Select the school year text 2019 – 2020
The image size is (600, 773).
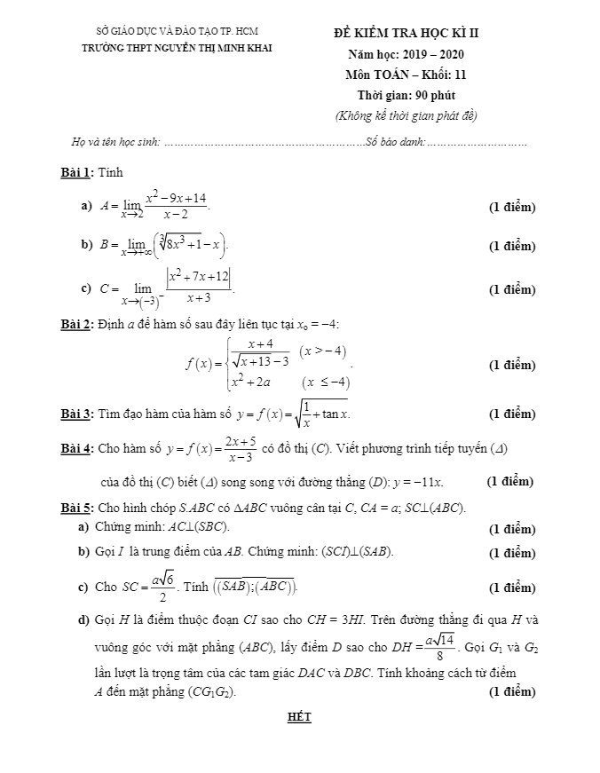point(426,55)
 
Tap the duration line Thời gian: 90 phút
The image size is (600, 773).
point(407,95)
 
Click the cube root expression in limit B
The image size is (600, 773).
point(190,242)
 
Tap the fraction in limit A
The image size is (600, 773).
point(177,206)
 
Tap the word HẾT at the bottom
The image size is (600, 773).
point(300,717)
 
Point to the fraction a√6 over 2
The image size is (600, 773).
point(160,587)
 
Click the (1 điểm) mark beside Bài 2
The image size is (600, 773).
point(512,365)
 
